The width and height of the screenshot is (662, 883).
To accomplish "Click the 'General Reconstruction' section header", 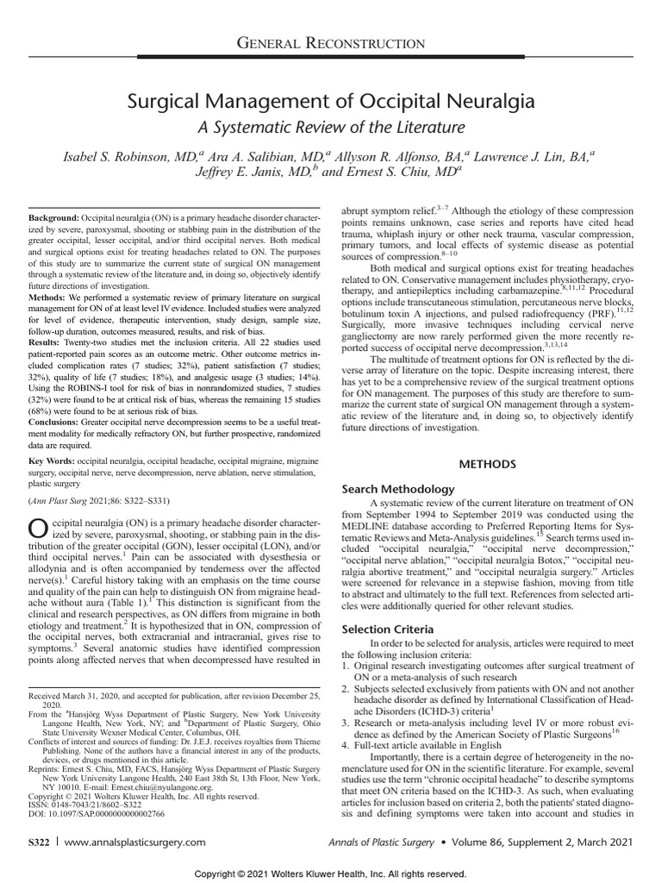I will [331, 43].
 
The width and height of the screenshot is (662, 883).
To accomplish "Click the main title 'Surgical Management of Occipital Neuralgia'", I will [331, 102].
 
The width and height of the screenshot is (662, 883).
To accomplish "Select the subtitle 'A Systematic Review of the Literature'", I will [331, 128].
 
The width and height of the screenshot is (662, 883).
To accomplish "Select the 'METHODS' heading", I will [486, 464].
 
